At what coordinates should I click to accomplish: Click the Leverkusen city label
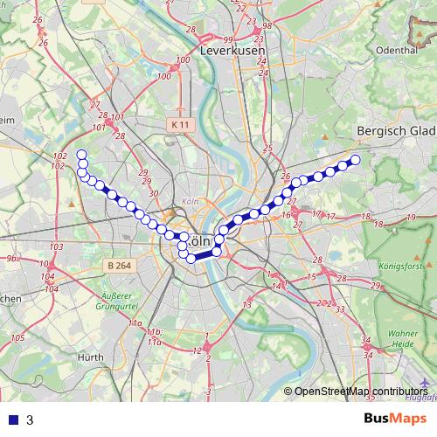click(x=232, y=51)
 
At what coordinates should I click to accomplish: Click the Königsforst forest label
click(x=401, y=264)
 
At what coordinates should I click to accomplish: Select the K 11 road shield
click(x=179, y=125)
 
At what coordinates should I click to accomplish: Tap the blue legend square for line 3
click(x=12, y=420)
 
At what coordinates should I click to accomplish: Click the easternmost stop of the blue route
click(x=356, y=159)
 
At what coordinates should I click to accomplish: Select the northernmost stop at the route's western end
click(x=82, y=155)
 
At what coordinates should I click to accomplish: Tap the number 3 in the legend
click(x=30, y=420)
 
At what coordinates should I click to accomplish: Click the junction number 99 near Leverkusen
click(x=227, y=40)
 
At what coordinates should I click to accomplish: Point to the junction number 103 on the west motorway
click(x=57, y=247)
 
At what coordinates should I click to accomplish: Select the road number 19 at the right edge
click(x=411, y=218)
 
